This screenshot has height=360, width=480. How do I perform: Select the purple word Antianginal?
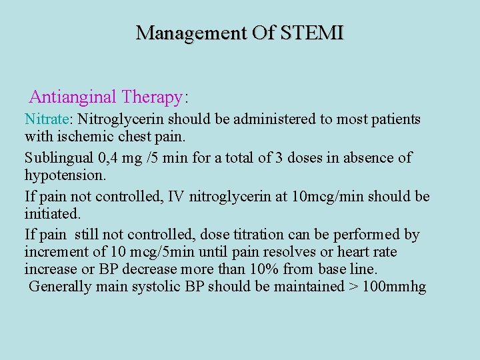point(73,97)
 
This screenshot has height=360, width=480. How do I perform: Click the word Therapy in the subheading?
point(152,97)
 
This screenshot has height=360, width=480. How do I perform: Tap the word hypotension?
point(65,175)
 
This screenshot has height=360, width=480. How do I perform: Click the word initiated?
point(52,214)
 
